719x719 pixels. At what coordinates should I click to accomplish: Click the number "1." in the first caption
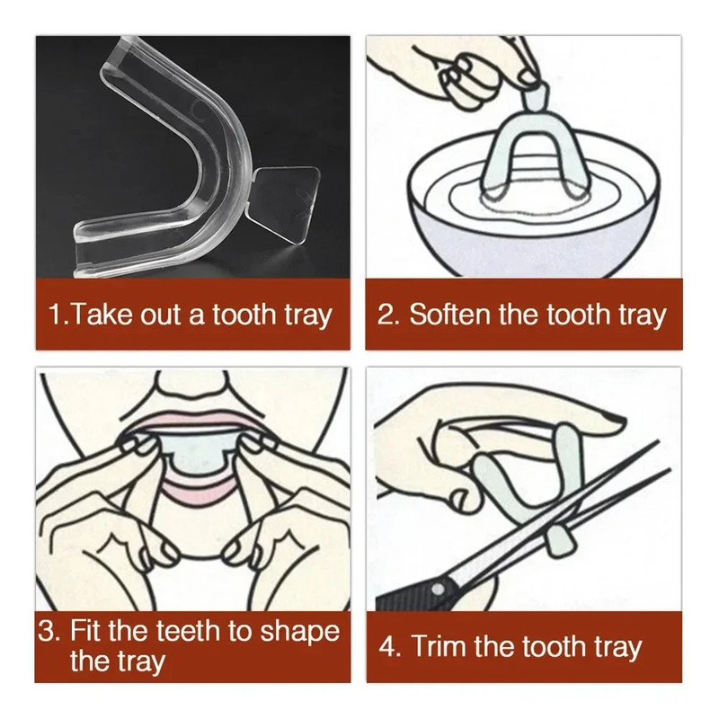pos(59,315)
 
